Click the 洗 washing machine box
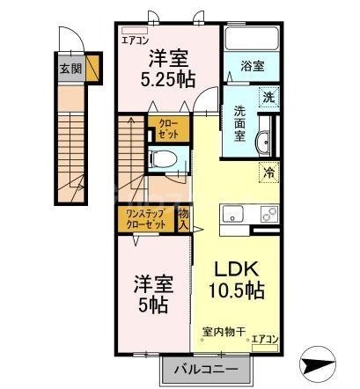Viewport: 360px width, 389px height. click(267, 99)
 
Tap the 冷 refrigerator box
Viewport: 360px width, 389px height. click(267, 173)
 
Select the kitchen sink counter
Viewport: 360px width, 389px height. click(251, 214)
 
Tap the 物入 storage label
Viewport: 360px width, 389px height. click(183, 219)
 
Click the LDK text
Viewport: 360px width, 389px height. click(233, 268)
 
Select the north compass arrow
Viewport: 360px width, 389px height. click(318, 363)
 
